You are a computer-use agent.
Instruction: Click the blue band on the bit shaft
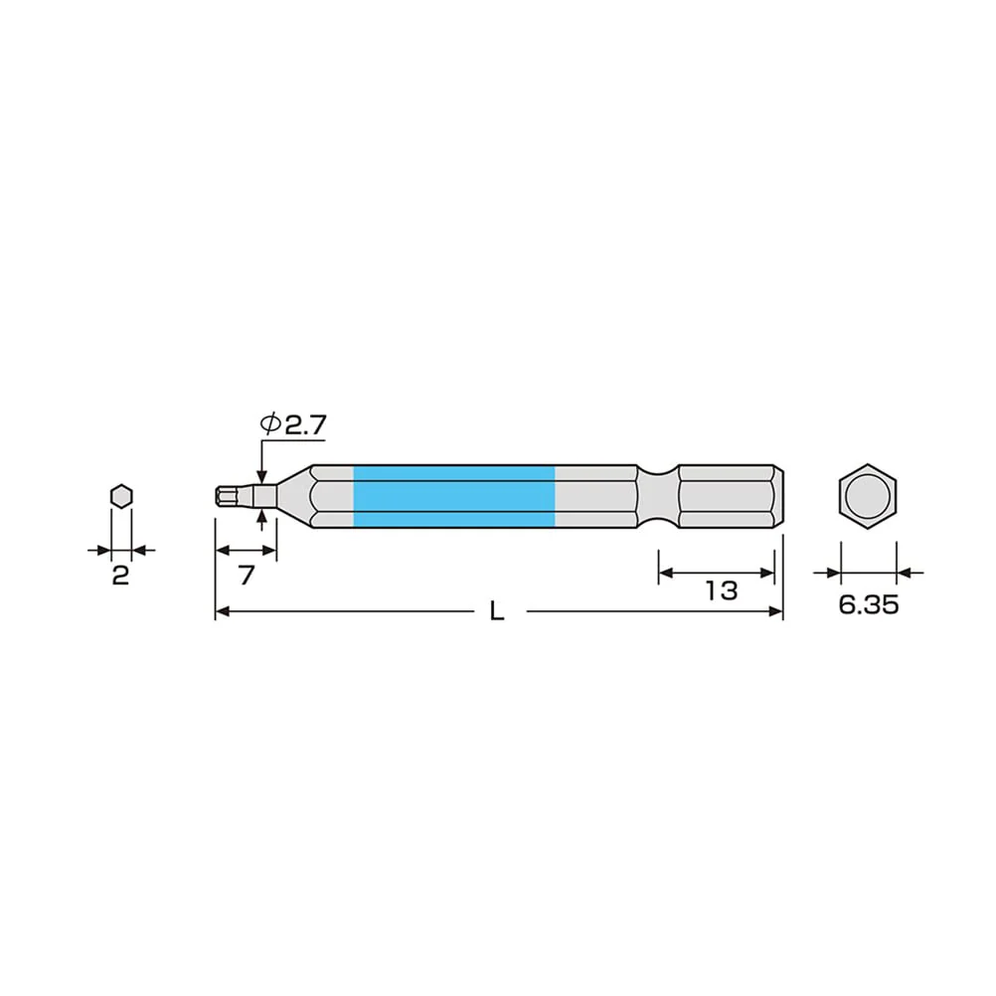point(453,497)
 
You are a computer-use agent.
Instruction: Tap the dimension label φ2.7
point(293,424)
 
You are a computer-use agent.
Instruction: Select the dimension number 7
point(246,575)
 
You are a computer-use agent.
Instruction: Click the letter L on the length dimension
point(497,611)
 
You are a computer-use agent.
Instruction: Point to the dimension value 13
point(721,590)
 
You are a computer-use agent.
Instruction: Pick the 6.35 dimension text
point(869,604)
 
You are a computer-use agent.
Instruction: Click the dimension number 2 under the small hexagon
point(120,575)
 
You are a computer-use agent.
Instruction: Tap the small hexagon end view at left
point(121,496)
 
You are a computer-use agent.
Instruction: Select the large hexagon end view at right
point(867,497)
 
